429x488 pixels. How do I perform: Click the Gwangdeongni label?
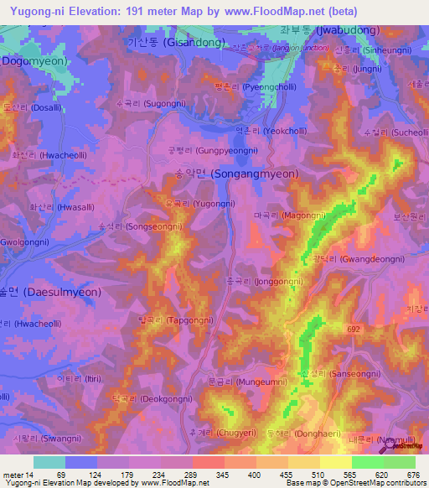coord(350,260)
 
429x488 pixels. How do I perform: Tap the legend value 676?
coord(415,475)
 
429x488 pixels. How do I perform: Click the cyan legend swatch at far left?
coord(49,462)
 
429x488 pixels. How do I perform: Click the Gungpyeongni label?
coord(201,150)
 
